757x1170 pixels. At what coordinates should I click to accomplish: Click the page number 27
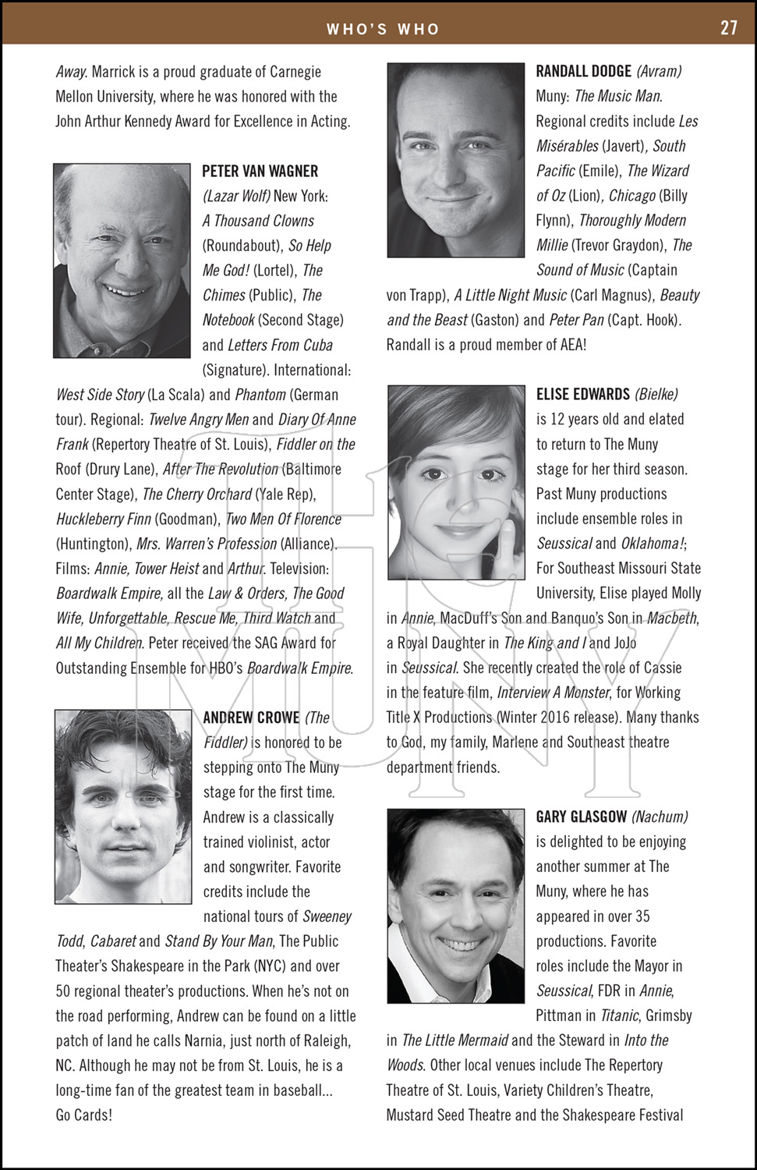728,28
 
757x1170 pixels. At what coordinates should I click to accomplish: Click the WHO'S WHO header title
383,29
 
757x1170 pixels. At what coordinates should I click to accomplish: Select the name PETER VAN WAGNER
260,171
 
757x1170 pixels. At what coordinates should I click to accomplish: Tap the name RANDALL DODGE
583,71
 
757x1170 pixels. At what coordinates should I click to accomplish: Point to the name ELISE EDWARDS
582,394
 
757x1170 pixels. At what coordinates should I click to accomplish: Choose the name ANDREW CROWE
251,718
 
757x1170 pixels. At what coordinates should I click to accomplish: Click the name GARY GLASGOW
581,817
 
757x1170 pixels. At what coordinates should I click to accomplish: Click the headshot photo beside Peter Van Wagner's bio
122,261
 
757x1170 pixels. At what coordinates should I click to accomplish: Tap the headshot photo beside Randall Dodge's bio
455,160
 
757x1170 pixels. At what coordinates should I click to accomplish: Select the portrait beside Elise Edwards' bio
455,483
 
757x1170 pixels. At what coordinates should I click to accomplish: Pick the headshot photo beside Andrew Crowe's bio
122,807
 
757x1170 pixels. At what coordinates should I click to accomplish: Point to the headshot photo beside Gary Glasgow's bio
455,906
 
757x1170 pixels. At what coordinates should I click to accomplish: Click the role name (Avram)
659,71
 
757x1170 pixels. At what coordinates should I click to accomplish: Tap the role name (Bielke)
656,394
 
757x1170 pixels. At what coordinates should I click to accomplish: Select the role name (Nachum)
659,817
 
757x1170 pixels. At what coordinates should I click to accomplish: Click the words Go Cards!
83,1115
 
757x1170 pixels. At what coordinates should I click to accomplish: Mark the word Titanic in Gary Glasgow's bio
620,1016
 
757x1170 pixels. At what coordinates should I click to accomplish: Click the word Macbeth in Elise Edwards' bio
672,618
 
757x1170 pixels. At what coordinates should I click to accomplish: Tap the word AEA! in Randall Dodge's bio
567,344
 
